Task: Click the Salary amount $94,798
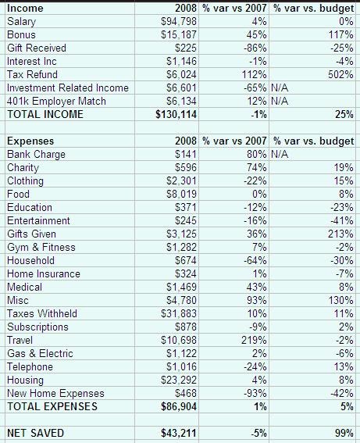[x=179, y=22]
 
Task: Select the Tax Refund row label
[x=32, y=74]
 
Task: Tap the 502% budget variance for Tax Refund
[x=340, y=74]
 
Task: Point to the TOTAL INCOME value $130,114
[x=176, y=114]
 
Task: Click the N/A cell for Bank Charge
[x=280, y=154]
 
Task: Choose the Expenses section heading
[x=30, y=141]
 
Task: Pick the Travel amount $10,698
[x=179, y=340]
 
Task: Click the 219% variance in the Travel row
[x=254, y=340]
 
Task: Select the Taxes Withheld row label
[x=42, y=313]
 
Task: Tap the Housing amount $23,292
[x=179, y=380]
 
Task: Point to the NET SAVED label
[x=36, y=433]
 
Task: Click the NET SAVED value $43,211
[x=179, y=433]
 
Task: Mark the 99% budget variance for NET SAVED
[x=344, y=433]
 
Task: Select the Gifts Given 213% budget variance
[x=340, y=234]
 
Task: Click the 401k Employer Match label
[x=56, y=101]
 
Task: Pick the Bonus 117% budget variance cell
[x=340, y=34]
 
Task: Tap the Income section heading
[x=25, y=8]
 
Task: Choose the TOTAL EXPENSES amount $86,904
[x=179, y=406]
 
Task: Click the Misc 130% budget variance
[x=340, y=300]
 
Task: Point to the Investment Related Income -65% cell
[x=255, y=88]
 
